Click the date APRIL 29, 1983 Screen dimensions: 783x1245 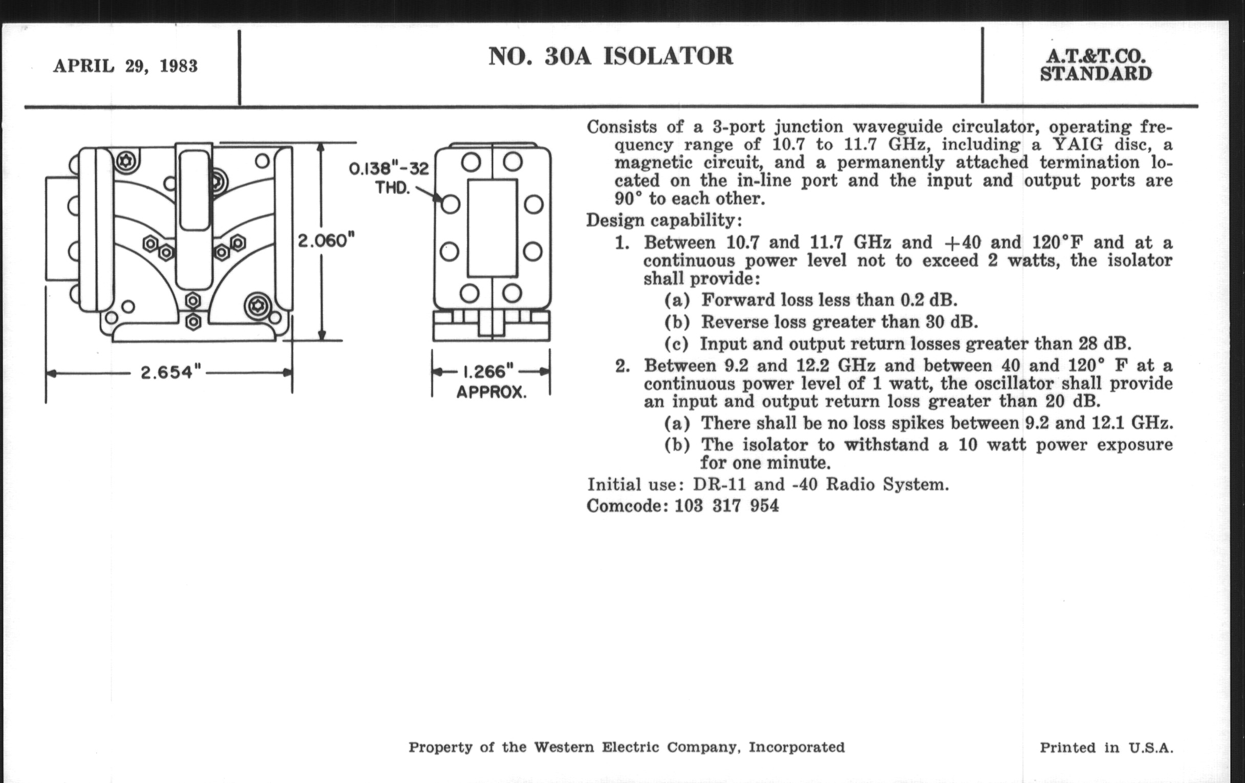[125, 67]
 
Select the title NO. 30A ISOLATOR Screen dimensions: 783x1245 [611, 56]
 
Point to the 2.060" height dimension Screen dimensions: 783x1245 [326, 241]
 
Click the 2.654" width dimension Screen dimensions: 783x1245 [170, 372]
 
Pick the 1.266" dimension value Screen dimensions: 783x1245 [488, 372]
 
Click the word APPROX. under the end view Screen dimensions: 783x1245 [491, 393]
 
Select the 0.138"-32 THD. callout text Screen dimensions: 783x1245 [389, 177]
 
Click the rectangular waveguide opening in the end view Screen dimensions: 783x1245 [492, 228]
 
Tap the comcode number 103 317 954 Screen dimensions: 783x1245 [726, 506]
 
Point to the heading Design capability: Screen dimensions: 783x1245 [664, 221]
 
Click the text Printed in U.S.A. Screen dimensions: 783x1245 [1106, 748]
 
